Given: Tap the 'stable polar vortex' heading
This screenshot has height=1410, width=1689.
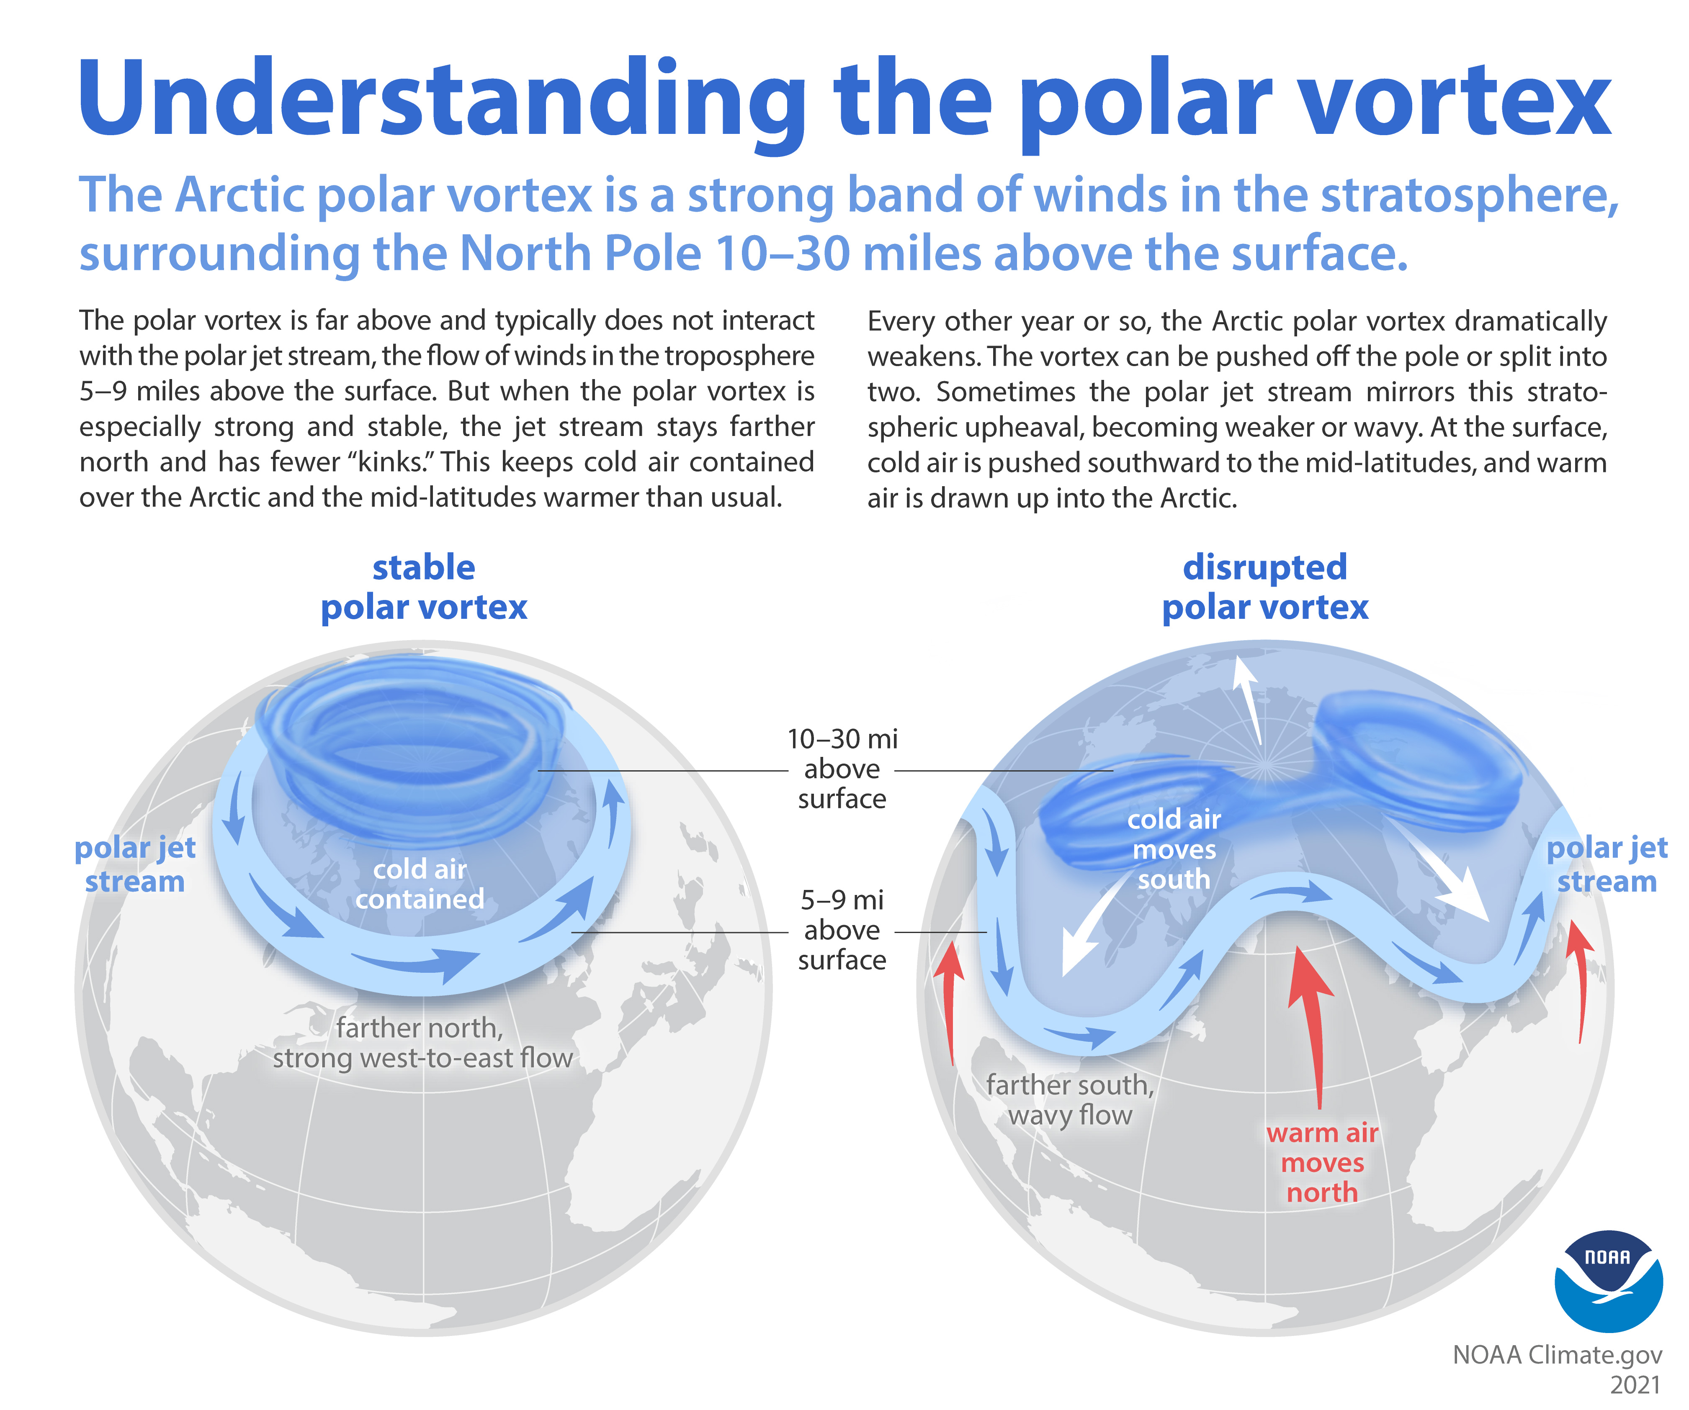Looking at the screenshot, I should (424, 587).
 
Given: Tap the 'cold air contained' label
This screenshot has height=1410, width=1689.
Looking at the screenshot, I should (420, 884).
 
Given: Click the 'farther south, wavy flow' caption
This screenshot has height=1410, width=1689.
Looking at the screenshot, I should (1070, 1100).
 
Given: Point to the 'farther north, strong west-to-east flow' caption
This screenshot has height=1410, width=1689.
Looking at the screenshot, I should (422, 1043).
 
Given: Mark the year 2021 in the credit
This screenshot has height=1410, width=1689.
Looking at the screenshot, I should (1635, 1384).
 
